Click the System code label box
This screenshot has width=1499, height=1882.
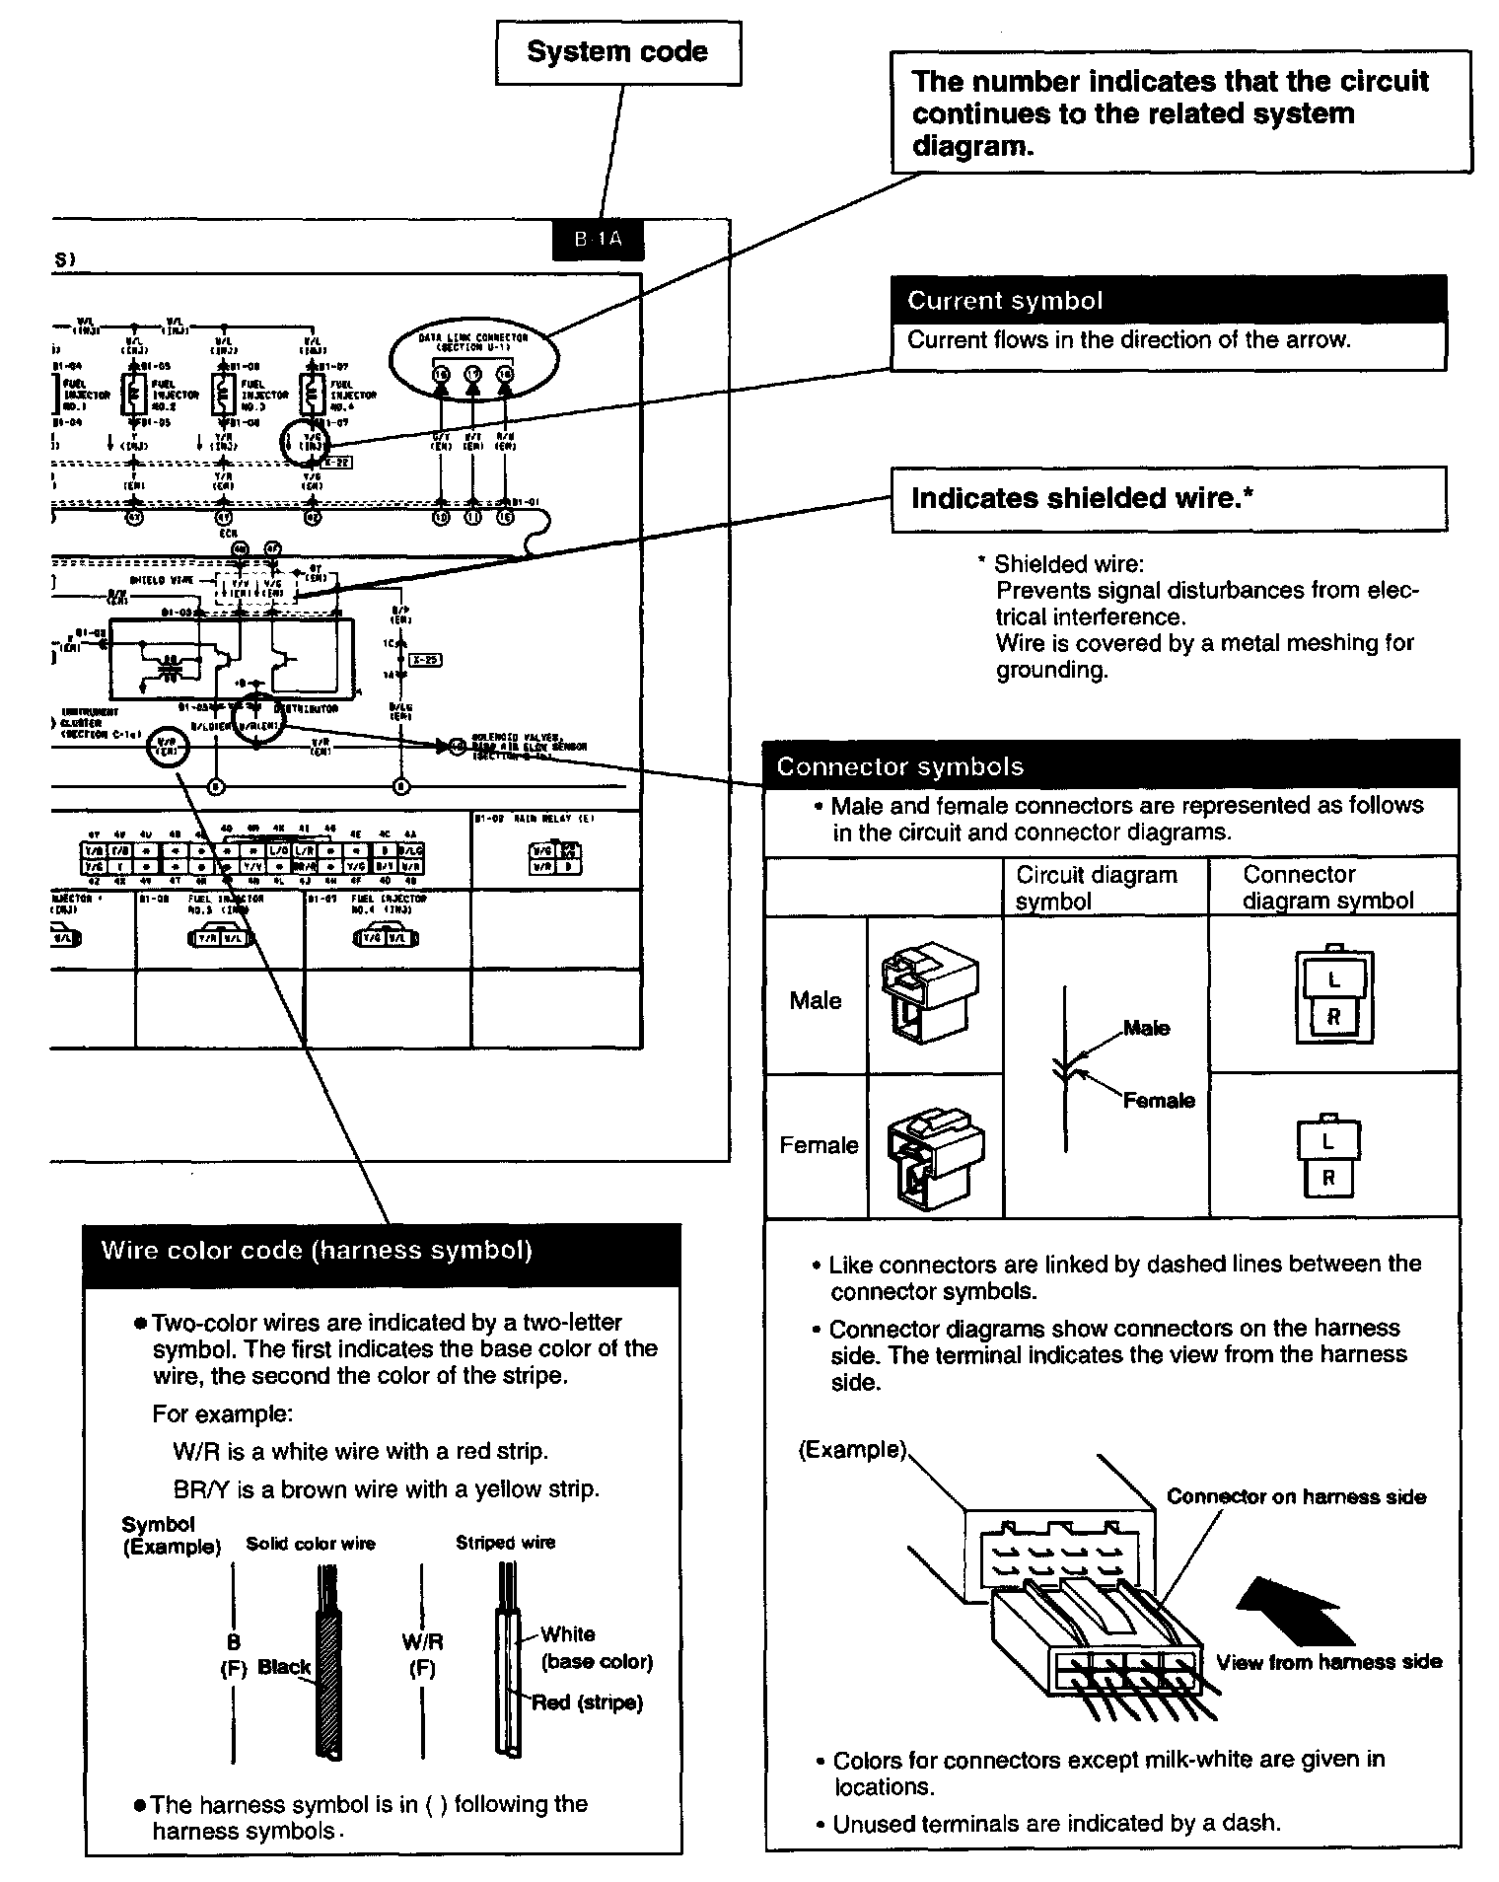(x=617, y=52)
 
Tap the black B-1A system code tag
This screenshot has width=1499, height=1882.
(x=598, y=240)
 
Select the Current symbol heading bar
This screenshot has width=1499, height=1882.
(x=1168, y=300)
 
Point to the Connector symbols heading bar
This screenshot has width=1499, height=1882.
(x=1110, y=765)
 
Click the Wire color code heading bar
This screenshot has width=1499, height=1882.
(x=383, y=1251)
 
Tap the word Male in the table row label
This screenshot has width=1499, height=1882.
(x=816, y=1000)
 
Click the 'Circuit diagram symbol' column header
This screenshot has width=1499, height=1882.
(x=1097, y=888)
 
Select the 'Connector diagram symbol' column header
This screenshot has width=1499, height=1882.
(x=1327, y=887)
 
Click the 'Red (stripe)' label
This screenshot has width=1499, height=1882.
(x=587, y=1702)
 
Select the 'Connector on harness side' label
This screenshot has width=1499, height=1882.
(x=1296, y=1496)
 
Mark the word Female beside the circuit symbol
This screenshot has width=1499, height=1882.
(x=1159, y=1100)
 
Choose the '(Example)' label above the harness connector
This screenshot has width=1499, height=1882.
(x=852, y=1450)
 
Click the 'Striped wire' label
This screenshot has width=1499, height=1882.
(x=505, y=1542)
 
